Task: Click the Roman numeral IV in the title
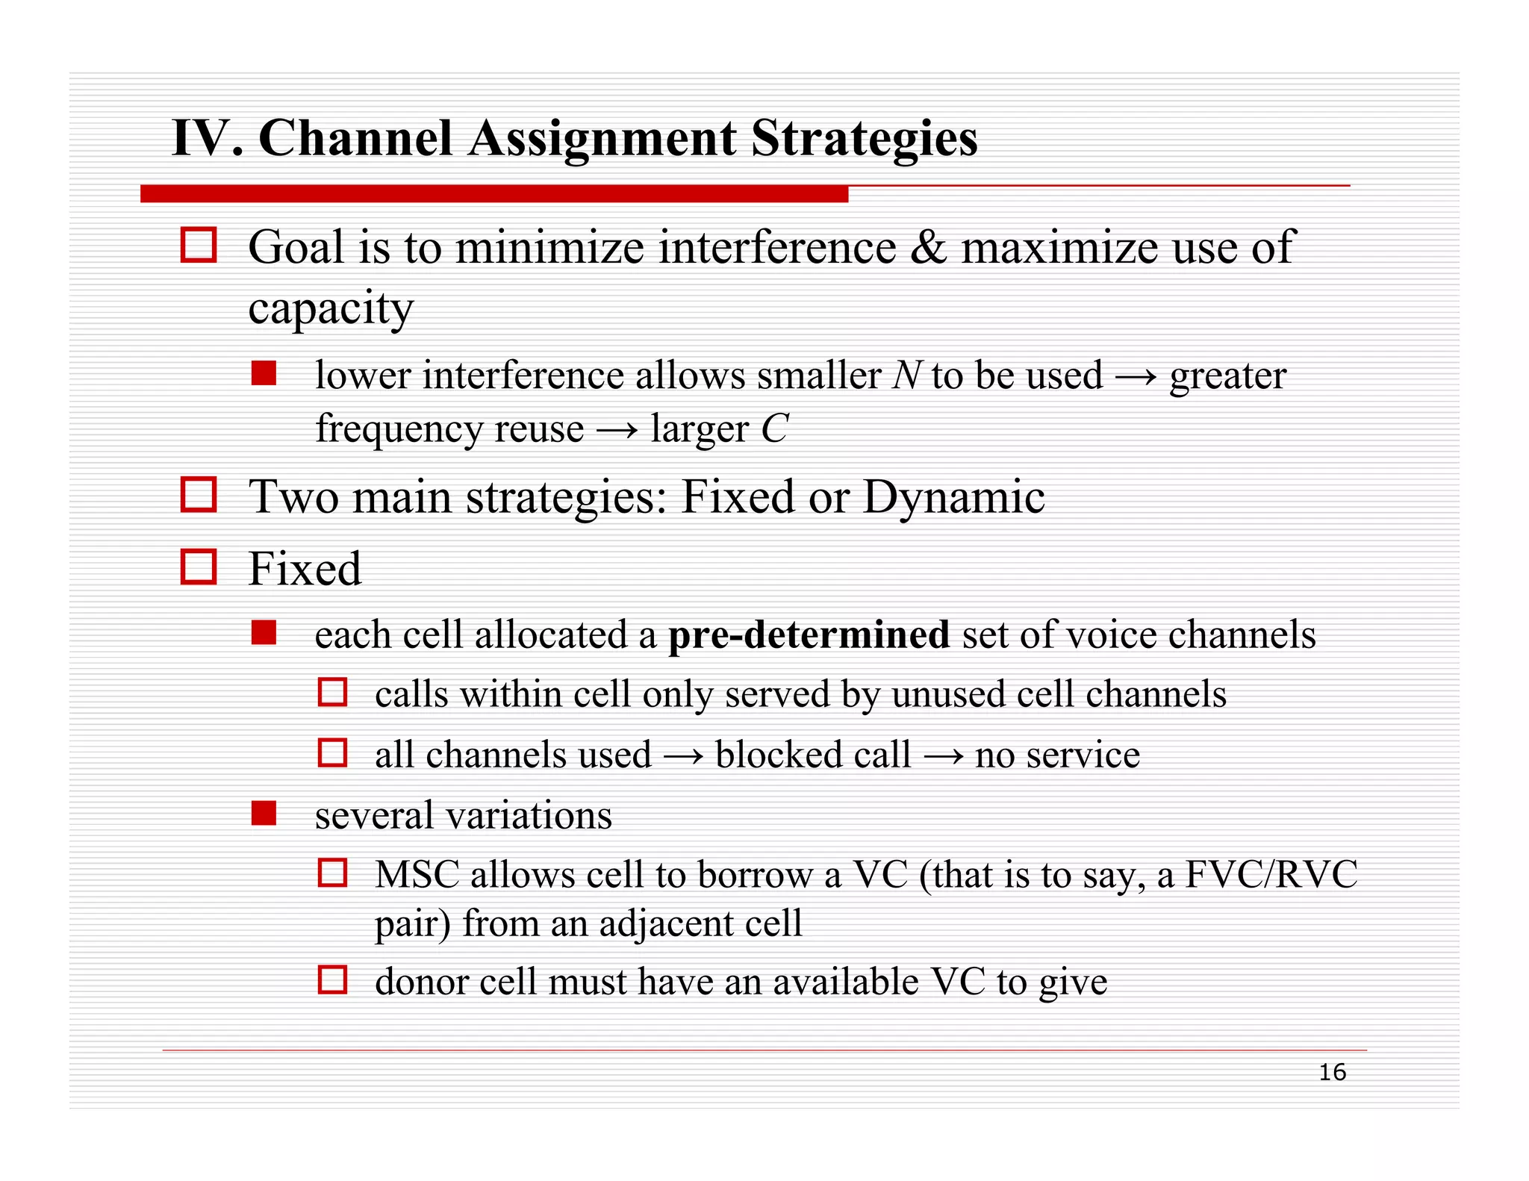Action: (x=201, y=139)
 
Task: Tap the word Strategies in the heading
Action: (x=864, y=139)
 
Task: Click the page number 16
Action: (x=1332, y=1073)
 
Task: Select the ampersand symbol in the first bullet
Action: (x=928, y=248)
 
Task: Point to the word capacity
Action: (x=331, y=308)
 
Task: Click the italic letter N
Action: (x=906, y=376)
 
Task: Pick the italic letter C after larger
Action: (x=774, y=429)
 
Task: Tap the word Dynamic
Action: (x=953, y=497)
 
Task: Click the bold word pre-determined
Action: (x=809, y=635)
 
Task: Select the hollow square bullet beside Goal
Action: (x=199, y=246)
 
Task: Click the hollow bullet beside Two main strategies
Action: (x=199, y=495)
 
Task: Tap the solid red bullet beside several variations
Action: (x=264, y=813)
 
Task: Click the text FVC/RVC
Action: (x=1271, y=875)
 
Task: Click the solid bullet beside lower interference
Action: (x=264, y=373)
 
